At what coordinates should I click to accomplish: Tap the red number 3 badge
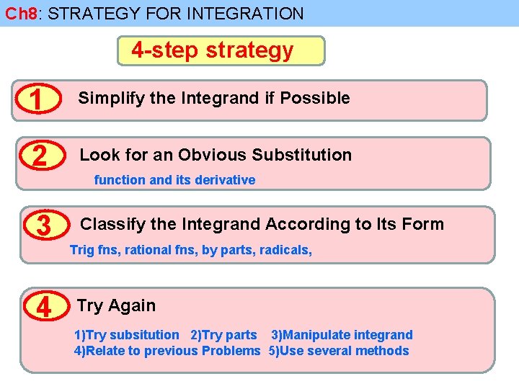(x=43, y=225)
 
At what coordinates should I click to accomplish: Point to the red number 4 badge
(x=43, y=308)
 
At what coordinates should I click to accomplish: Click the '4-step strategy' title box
(x=221, y=50)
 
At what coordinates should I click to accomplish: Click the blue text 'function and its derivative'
(x=174, y=180)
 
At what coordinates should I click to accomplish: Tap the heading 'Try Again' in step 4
(x=116, y=305)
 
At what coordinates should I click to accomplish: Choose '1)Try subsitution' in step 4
(x=127, y=335)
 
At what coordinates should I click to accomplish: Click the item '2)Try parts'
(x=223, y=335)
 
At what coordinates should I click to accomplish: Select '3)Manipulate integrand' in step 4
(x=342, y=335)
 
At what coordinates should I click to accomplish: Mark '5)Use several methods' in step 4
(x=339, y=351)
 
